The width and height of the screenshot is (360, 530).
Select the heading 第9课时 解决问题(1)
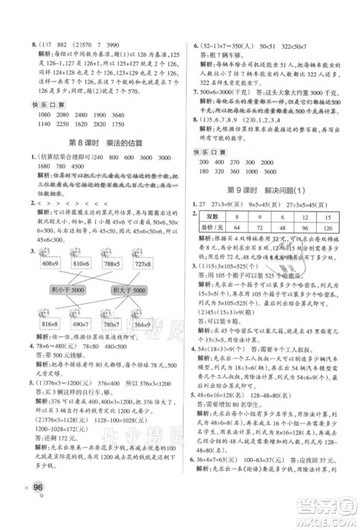pyautogui.click(x=269, y=191)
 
